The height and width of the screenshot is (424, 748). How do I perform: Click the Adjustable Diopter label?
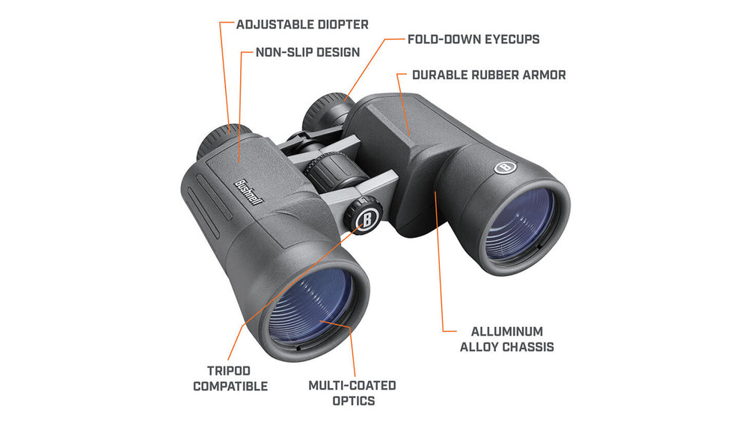tap(302, 25)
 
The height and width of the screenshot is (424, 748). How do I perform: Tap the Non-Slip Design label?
tap(307, 52)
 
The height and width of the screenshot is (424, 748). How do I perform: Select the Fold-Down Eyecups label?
tap(473, 39)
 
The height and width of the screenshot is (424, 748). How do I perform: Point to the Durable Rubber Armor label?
tap(488, 75)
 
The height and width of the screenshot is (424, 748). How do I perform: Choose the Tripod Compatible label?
tap(230, 378)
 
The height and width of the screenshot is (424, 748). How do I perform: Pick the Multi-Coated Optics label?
tap(352, 393)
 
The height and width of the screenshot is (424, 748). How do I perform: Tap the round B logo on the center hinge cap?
tap(366, 218)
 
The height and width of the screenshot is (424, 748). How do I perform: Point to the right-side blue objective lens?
tap(522, 223)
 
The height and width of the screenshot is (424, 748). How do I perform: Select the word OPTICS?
tap(352, 401)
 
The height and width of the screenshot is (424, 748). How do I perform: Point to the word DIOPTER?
tap(341, 25)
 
